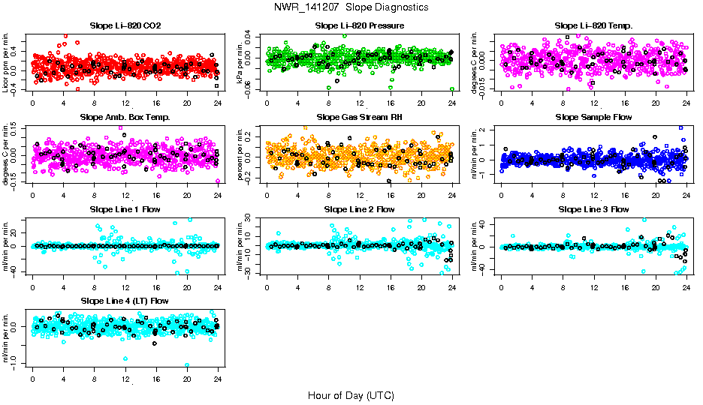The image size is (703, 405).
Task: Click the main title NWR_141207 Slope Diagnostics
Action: point(351,7)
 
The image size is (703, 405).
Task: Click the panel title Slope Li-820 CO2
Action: point(125,25)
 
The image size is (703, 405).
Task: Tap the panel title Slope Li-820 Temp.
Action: point(593,25)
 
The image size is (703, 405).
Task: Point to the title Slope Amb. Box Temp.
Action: point(125,117)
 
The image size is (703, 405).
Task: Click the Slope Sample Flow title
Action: point(593,117)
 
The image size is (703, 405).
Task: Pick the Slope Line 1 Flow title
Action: point(125,208)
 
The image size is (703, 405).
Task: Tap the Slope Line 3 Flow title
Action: point(593,208)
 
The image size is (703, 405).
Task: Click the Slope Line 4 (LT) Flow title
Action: point(125,301)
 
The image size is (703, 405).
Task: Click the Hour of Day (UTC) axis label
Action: point(351,394)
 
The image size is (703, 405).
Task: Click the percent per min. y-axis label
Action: point(241,154)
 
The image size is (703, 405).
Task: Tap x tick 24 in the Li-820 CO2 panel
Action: point(218,103)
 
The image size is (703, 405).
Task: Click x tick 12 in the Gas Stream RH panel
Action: point(360,194)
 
